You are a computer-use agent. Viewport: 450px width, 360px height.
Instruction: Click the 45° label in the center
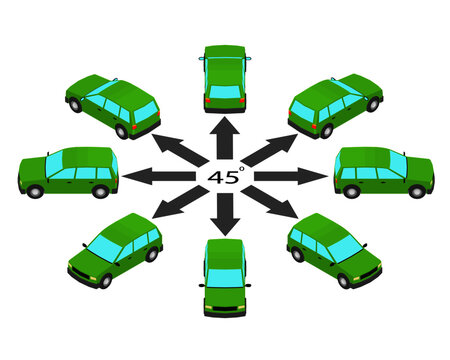[225, 175]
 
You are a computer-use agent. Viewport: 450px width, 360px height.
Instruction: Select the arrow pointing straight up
[224, 136]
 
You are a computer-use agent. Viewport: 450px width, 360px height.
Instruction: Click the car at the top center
[224, 77]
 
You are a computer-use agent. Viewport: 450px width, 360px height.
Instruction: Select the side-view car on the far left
[68, 172]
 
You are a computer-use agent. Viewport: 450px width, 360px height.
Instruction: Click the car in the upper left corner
[112, 104]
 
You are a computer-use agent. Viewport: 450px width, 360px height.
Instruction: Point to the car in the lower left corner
[115, 248]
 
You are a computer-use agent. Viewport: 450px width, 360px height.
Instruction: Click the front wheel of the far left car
[35, 191]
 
